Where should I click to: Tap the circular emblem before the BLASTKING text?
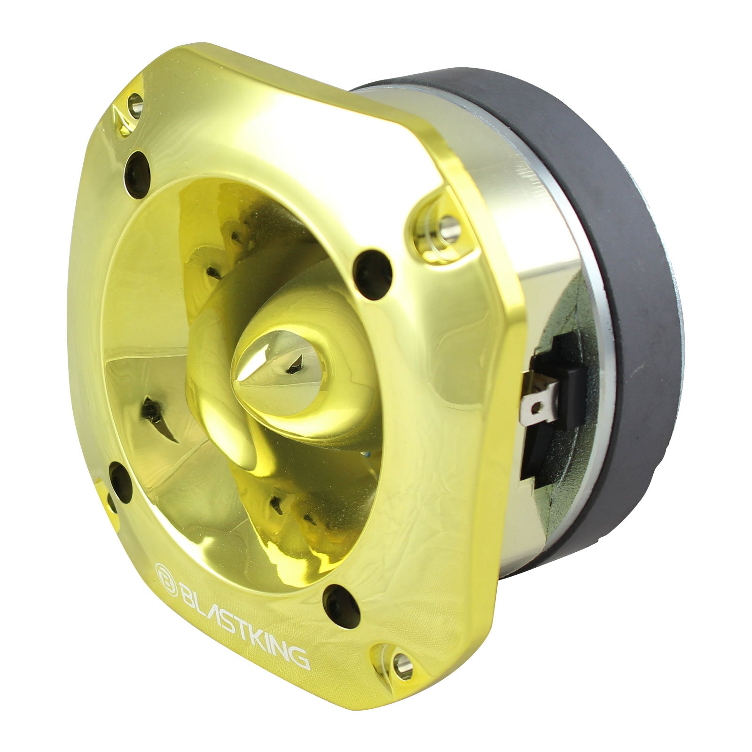pyautogui.click(x=163, y=574)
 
